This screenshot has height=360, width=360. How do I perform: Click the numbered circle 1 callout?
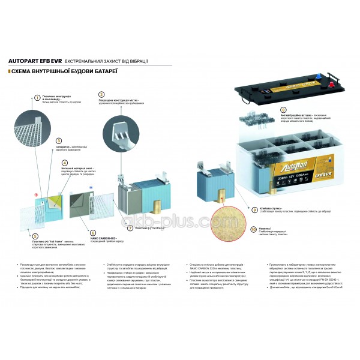click(37, 97)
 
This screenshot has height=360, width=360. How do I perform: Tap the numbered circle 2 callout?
click(101, 94)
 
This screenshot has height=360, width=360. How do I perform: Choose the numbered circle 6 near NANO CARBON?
click(92, 232)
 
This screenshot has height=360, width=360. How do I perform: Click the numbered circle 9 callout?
click(254, 210)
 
